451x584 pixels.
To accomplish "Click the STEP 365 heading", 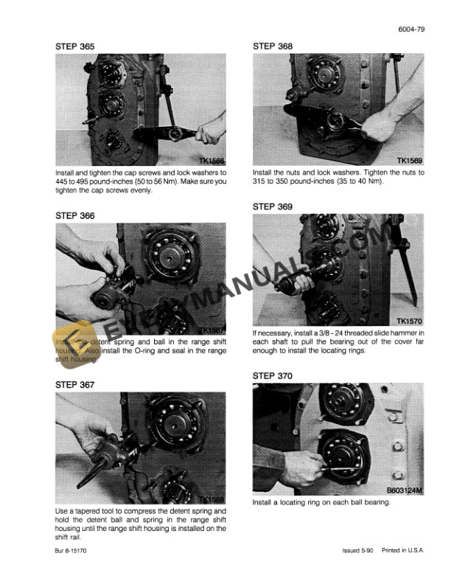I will tap(75, 46).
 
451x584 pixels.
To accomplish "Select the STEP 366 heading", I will tap(75, 215).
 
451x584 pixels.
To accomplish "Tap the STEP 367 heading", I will tap(75, 385).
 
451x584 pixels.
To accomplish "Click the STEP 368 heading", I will tap(273, 46).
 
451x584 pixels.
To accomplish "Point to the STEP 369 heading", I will tap(273, 206).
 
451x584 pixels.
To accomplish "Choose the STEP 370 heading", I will tap(273, 375).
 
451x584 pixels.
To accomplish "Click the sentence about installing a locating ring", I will tap(321, 503).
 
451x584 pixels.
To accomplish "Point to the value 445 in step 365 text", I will tap(63, 181).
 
